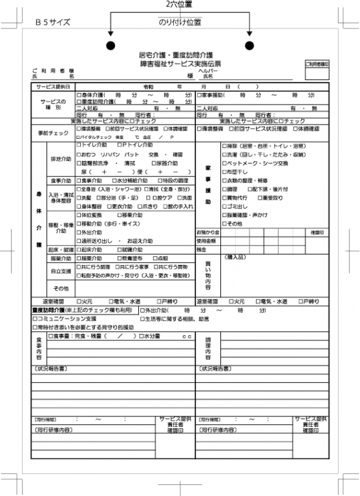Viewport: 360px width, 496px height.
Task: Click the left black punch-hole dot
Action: pyautogui.click(x=111, y=45)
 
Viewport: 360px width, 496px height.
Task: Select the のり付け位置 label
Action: pyautogui.click(x=180, y=22)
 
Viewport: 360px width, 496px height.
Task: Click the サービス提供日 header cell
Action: pyautogui.click(x=54, y=87)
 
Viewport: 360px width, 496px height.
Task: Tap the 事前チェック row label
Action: pyautogui.click(x=54, y=133)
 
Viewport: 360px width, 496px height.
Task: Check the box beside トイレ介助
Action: pyautogui.click(x=79, y=146)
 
